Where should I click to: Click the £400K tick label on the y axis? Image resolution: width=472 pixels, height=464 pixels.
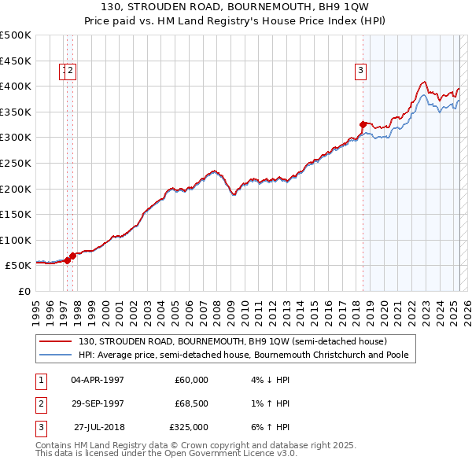(x=16, y=86)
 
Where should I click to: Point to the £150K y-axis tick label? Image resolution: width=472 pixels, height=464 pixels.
(x=16, y=214)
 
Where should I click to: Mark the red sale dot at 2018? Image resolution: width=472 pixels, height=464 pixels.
(x=363, y=124)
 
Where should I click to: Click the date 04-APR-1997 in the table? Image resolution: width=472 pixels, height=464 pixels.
(x=98, y=380)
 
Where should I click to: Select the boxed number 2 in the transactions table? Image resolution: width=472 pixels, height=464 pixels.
(x=39, y=403)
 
